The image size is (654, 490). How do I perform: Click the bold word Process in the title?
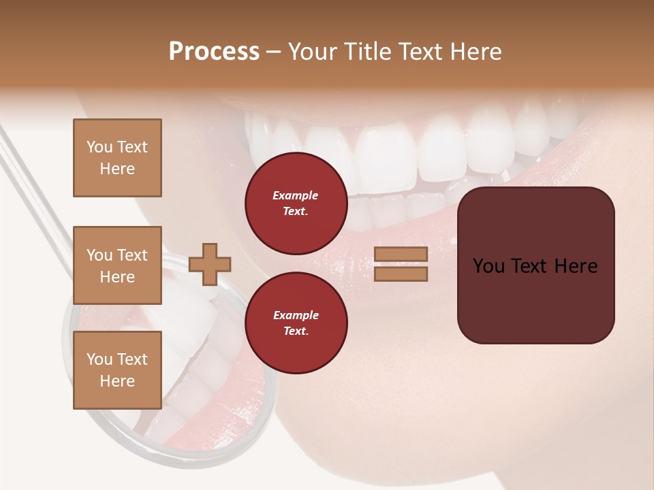[214, 52]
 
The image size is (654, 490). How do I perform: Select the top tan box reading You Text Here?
[117, 158]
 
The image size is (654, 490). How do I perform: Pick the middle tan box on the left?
[117, 265]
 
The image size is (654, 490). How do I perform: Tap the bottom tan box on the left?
[117, 370]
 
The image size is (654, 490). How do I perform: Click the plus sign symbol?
[210, 264]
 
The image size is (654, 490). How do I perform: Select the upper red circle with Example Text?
[296, 203]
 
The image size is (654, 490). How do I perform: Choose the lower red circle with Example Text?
[296, 323]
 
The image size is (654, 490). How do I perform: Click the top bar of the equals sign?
[401, 254]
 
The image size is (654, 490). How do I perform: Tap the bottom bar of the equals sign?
[401, 274]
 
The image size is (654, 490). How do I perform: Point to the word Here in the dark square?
[575, 266]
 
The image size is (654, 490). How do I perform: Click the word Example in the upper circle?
[296, 195]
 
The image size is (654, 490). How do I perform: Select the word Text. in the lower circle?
[296, 331]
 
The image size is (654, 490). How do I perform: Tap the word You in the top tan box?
[99, 147]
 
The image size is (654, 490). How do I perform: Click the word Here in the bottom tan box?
[117, 381]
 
